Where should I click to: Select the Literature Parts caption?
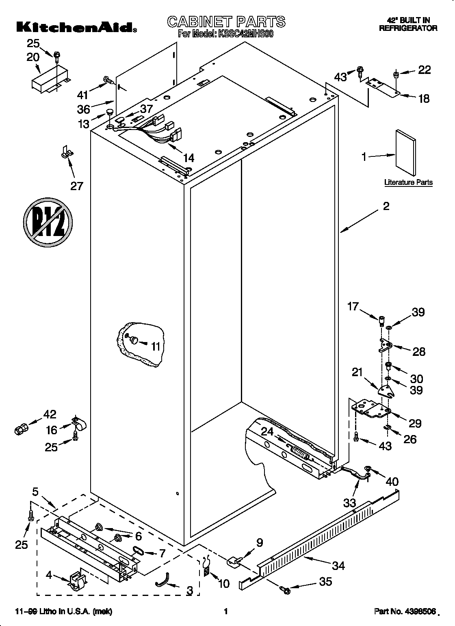point(408,182)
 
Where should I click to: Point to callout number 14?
point(188,158)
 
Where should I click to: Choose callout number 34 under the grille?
point(338,565)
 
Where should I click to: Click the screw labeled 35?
point(285,588)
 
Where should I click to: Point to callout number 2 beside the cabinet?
point(386,207)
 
